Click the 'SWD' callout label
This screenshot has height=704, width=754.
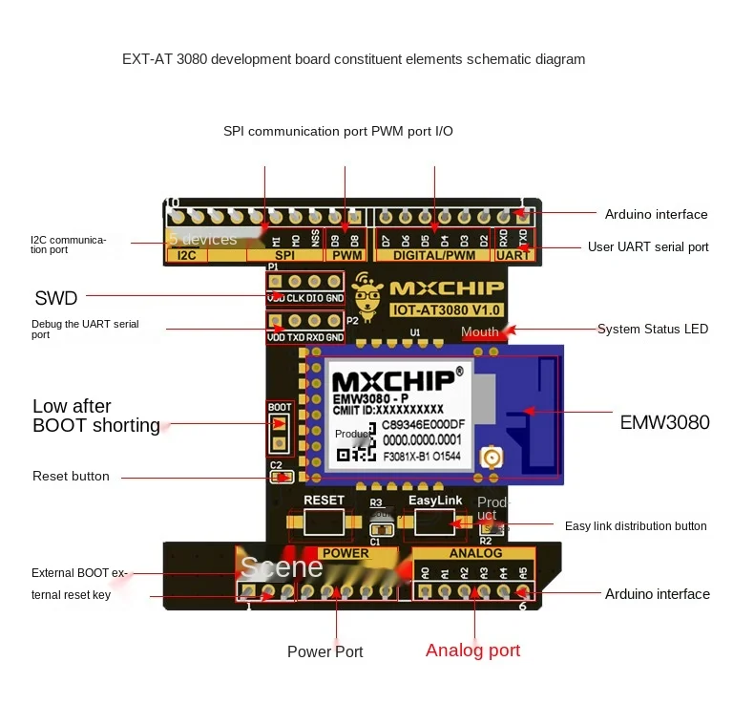(55, 298)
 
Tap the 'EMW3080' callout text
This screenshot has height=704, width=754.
(664, 422)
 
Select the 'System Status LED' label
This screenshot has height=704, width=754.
(653, 330)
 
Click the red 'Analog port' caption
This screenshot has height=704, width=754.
(472, 651)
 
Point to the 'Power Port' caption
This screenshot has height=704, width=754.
(325, 651)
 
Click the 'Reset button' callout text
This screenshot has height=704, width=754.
(71, 476)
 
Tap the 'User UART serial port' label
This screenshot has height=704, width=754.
(648, 247)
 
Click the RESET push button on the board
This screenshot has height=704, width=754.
(323, 522)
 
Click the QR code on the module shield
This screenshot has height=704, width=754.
(354, 446)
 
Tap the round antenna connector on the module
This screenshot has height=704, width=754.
(492, 459)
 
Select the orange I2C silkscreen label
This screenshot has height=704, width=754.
(186, 255)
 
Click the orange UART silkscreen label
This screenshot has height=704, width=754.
(513, 255)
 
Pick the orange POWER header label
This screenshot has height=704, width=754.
(345, 553)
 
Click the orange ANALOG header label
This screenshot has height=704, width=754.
(475, 553)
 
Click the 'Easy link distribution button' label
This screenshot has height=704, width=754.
(636, 526)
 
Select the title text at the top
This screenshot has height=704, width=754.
(353, 59)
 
